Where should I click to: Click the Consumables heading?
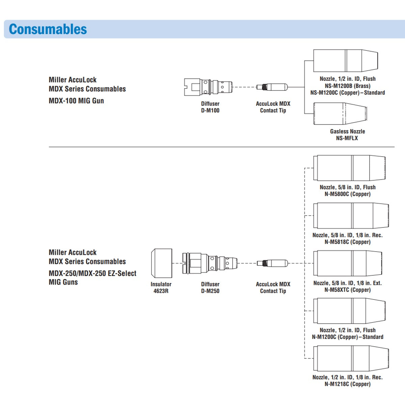[x=48, y=29]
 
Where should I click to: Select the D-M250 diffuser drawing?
[x=210, y=263]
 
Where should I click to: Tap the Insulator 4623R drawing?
[x=162, y=263]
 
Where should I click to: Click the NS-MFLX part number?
[x=347, y=138]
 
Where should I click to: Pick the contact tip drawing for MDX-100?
[x=272, y=87]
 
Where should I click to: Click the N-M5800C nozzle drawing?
[x=349, y=168]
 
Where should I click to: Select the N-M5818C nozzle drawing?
[x=351, y=216]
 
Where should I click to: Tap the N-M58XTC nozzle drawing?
[x=348, y=264]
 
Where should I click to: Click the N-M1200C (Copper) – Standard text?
[x=348, y=337]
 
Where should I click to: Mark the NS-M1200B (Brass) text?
[x=348, y=86]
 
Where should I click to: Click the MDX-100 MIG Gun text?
[x=76, y=101]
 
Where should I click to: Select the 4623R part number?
[x=161, y=291]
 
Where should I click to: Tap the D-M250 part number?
[x=210, y=291]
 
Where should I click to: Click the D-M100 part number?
[x=210, y=110]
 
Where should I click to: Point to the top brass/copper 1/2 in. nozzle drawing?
[x=346, y=61]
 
